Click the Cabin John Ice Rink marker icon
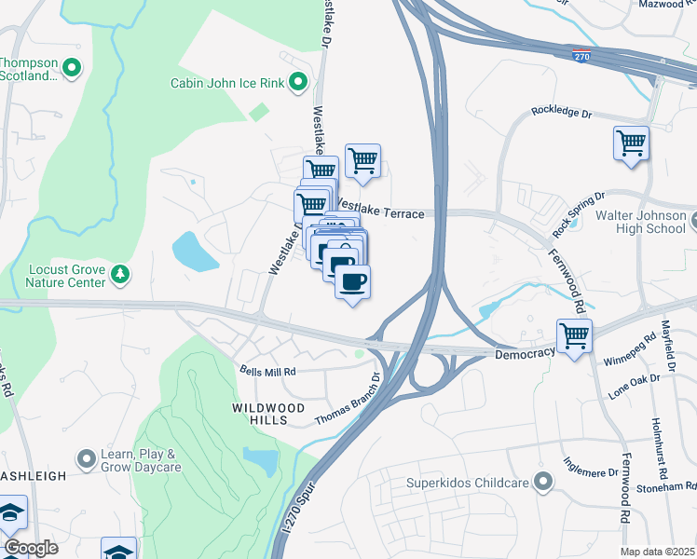[299, 83]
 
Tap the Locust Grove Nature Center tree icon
[119, 273]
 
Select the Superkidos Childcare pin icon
[545, 483]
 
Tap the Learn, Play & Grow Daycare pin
[88, 458]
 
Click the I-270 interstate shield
[581, 57]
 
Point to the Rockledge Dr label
[562, 112]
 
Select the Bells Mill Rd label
[268, 371]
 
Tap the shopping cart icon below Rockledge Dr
[631, 143]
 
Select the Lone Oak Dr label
[640, 386]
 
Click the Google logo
[31, 548]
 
